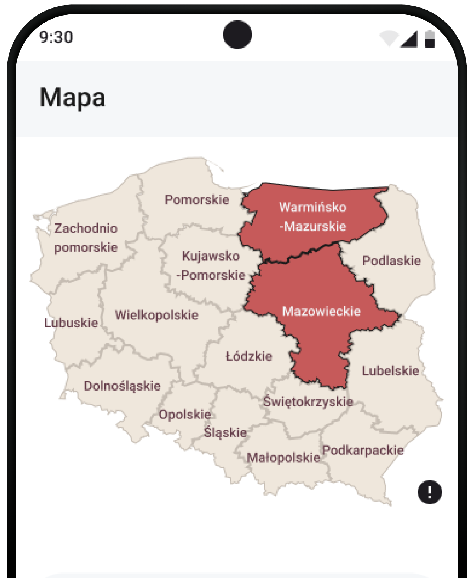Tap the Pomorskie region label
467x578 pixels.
[197, 200]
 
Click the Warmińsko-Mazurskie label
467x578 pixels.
[313, 216]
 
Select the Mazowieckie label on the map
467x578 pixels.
[321, 311]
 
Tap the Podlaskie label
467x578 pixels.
[392, 261]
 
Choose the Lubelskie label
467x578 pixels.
[390, 370]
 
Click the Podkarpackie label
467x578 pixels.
[363, 450]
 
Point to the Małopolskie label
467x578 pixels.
[283, 457]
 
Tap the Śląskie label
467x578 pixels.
[225, 432]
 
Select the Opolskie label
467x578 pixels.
[185, 414]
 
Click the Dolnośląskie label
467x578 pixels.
[122, 386]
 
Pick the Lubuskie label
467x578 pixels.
[71, 323]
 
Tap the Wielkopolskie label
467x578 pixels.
[157, 315]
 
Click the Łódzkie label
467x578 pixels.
[249, 356]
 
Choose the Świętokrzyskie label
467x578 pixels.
[308, 401]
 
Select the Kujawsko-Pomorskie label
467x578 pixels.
[211, 265]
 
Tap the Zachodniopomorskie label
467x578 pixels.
[86, 238]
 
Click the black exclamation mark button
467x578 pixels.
[429, 492]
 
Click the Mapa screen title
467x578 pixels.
[72, 98]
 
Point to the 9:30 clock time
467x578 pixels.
[56, 37]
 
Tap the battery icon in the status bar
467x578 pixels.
[430, 39]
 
